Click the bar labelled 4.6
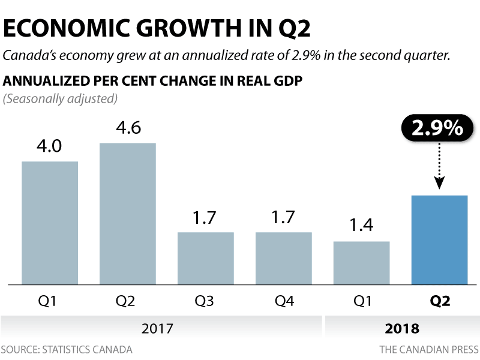127,213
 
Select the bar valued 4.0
50,223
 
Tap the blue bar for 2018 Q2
439,239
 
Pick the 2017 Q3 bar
205,258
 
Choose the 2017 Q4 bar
283,258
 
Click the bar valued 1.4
361,263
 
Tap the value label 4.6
128,129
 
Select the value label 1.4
361,226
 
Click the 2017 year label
157,329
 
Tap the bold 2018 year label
402,329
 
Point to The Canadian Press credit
428,349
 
